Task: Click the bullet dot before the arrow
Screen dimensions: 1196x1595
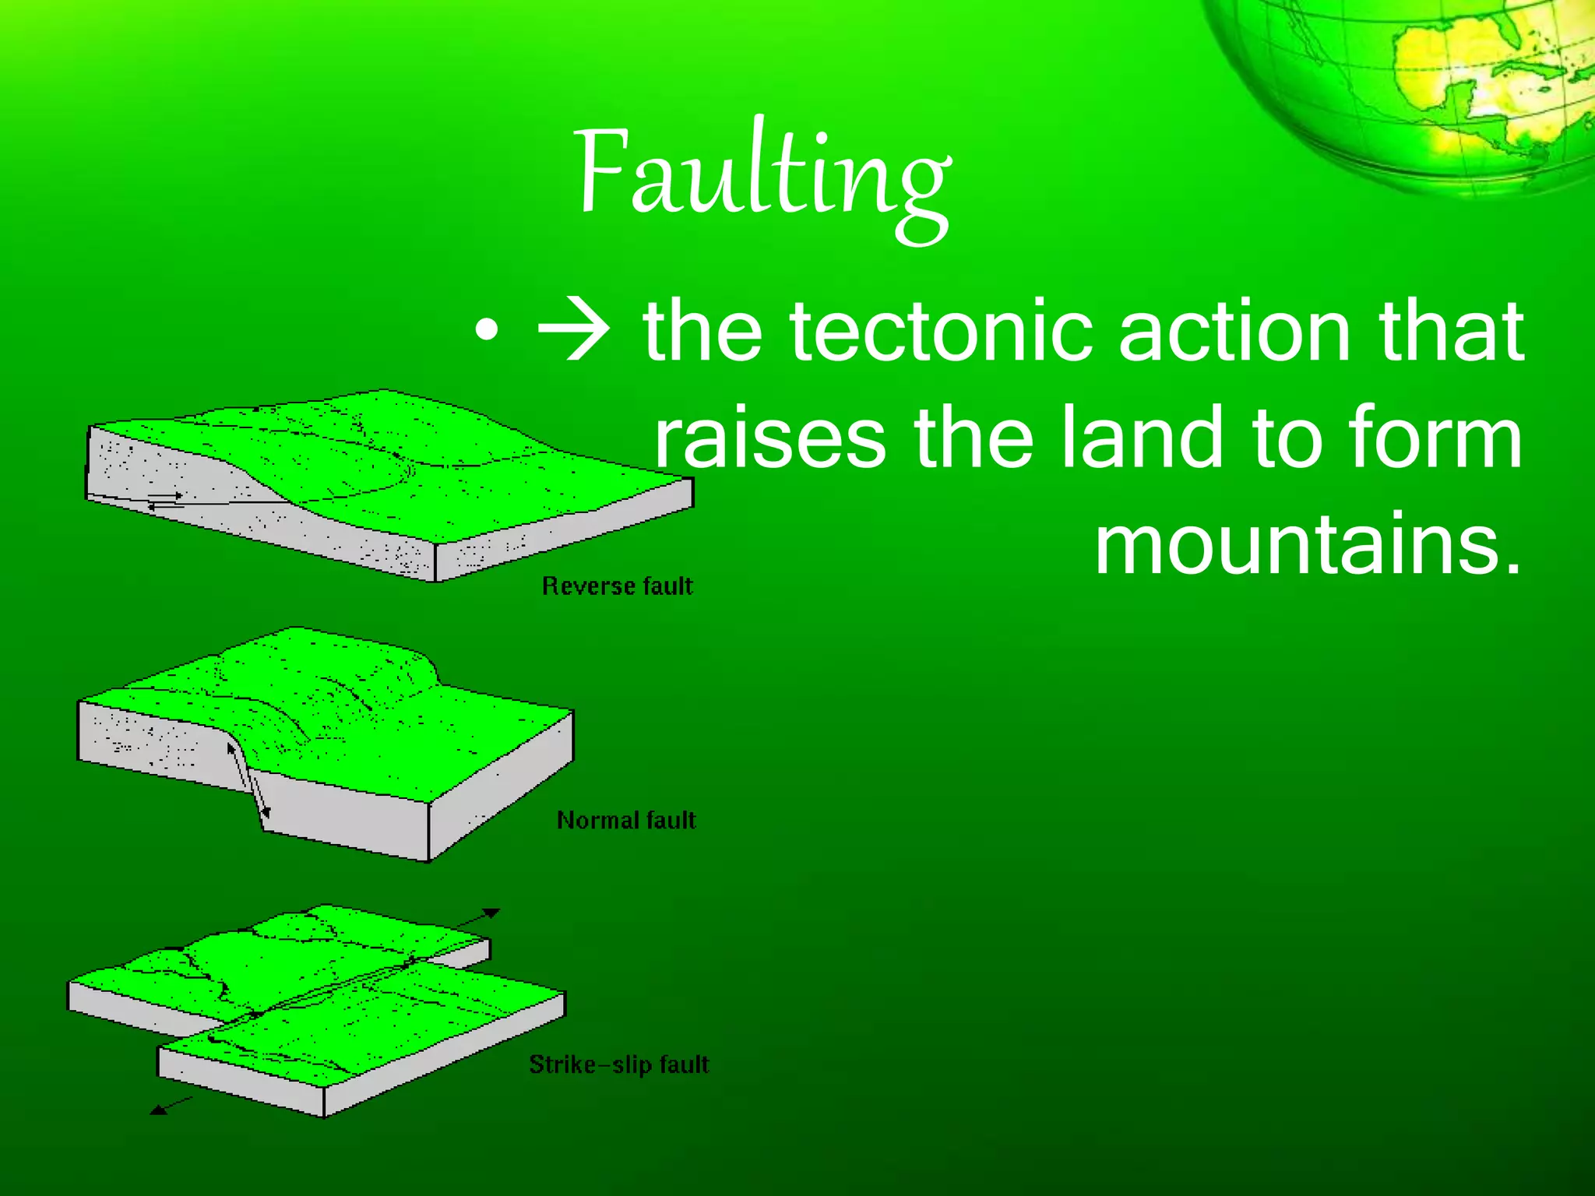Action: [x=486, y=333]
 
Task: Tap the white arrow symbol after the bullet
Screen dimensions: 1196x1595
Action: [x=575, y=333]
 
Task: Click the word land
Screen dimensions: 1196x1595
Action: [x=1143, y=438]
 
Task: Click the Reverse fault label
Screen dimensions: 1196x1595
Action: [x=617, y=586]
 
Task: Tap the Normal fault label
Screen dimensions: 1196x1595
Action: [x=626, y=820]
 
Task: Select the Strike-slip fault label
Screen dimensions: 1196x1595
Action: [x=619, y=1064]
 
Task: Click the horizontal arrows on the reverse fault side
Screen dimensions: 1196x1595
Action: [x=165, y=501]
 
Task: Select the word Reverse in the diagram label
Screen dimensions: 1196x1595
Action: [x=588, y=586]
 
